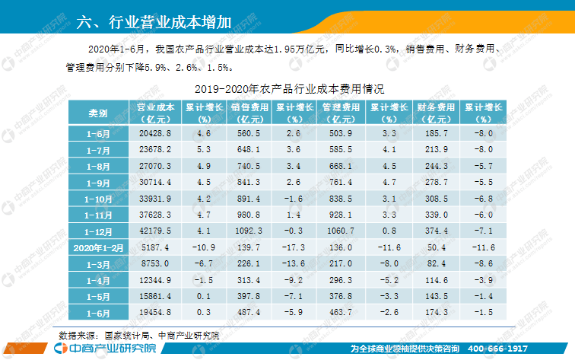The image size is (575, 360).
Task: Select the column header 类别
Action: click(x=97, y=113)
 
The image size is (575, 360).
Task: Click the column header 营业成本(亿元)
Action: click(x=155, y=113)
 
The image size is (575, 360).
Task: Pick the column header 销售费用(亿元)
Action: click(x=249, y=113)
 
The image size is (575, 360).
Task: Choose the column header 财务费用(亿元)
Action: click(x=437, y=113)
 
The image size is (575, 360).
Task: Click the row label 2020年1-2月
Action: click(x=97, y=247)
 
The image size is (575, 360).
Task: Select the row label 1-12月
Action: click(x=97, y=231)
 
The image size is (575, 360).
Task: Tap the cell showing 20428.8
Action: click(x=155, y=133)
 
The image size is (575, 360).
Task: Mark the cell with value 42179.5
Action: click(x=155, y=231)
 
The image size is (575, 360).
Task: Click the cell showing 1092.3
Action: click(x=249, y=231)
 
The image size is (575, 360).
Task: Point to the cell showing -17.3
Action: click(x=296, y=247)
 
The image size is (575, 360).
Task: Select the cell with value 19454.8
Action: click(x=155, y=312)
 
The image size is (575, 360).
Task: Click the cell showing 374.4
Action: click(x=437, y=231)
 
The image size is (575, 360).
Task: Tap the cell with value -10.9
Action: click(x=203, y=247)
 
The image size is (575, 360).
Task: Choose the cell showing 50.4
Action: click(x=437, y=247)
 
